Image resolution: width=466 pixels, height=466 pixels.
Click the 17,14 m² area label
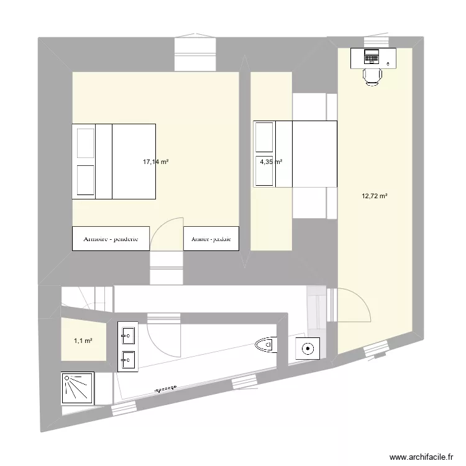[x=156, y=162]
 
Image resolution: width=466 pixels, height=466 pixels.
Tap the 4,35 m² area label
[x=270, y=162]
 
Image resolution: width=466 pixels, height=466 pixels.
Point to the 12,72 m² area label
[x=375, y=196]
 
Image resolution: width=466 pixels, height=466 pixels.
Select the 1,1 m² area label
[x=83, y=340]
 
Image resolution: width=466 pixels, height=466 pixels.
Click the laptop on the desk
[x=372, y=57]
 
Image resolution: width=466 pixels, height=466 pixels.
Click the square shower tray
[x=78, y=388]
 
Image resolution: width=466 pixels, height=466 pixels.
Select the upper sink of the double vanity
[x=128, y=336]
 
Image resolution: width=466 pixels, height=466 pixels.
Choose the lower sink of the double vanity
[x=128, y=359]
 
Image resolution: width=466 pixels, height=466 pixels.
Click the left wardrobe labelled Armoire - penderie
[x=111, y=239]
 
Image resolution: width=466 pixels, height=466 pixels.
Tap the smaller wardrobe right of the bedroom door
[x=211, y=239]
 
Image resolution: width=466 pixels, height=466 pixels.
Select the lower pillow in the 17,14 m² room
[x=84, y=180]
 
